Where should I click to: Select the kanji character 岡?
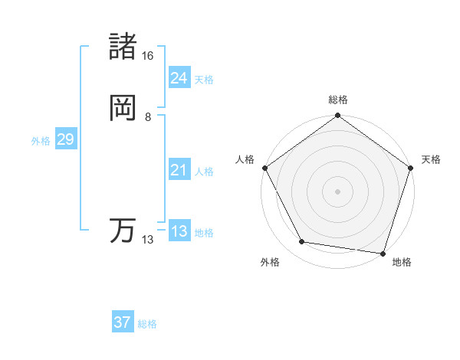pyautogui.click(x=123, y=108)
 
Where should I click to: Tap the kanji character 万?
pyautogui.click(x=123, y=231)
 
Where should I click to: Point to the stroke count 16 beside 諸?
pyautogui.click(x=147, y=56)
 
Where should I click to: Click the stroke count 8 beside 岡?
pyautogui.click(x=147, y=117)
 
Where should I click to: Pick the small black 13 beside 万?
pyautogui.click(x=147, y=240)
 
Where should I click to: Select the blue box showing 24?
pyautogui.click(x=179, y=78)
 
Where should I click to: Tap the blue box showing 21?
pyautogui.click(x=179, y=170)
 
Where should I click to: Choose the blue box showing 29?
pyautogui.click(x=65, y=139)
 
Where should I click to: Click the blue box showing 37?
pyautogui.click(x=123, y=322)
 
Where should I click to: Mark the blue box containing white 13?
pyautogui.click(x=179, y=231)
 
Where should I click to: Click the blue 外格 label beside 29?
pyautogui.click(x=41, y=141)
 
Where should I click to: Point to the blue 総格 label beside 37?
pyautogui.click(x=147, y=324)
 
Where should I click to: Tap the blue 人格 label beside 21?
pyautogui.click(x=204, y=172)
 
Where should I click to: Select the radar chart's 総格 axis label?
pyautogui.click(x=338, y=100)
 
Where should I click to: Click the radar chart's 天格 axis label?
pyautogui.click(x=432, y=159)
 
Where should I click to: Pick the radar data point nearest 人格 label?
pyautogui.click(x=265, y=168)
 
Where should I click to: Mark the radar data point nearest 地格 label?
pyautogui.click(x=383, y=253)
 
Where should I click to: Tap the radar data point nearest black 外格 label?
pyautogui.click(x=302, y=243)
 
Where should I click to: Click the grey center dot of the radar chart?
pyautogui.click(x=337, y=191)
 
